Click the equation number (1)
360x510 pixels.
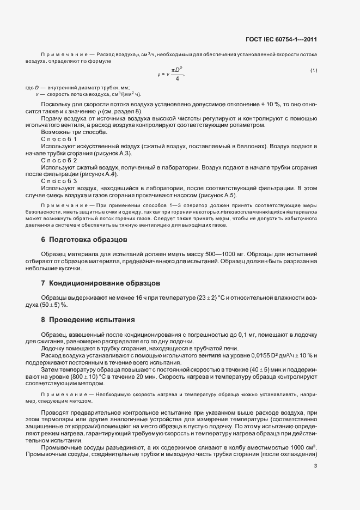(x=314, y=70)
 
